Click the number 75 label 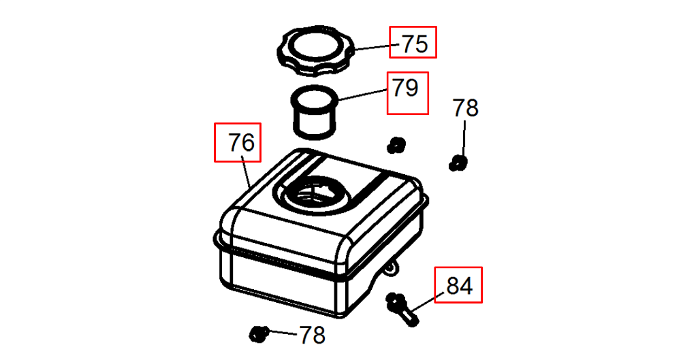click(x=415, y=44)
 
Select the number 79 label click(x=405, y=88)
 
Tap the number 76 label click(x=241, y=143)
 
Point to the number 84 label click(x=459, y=286)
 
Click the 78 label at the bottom click(x=312, y=335)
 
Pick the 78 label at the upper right click(x=465, y=108)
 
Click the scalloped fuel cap click(x=316, y=52)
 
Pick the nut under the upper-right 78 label click(x=458, y=163)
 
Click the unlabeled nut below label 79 click(x=396, y=145)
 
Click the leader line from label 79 click(x=362, y=95)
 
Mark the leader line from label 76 click(x=246, y=171)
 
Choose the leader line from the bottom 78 click(x=282, y=332)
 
